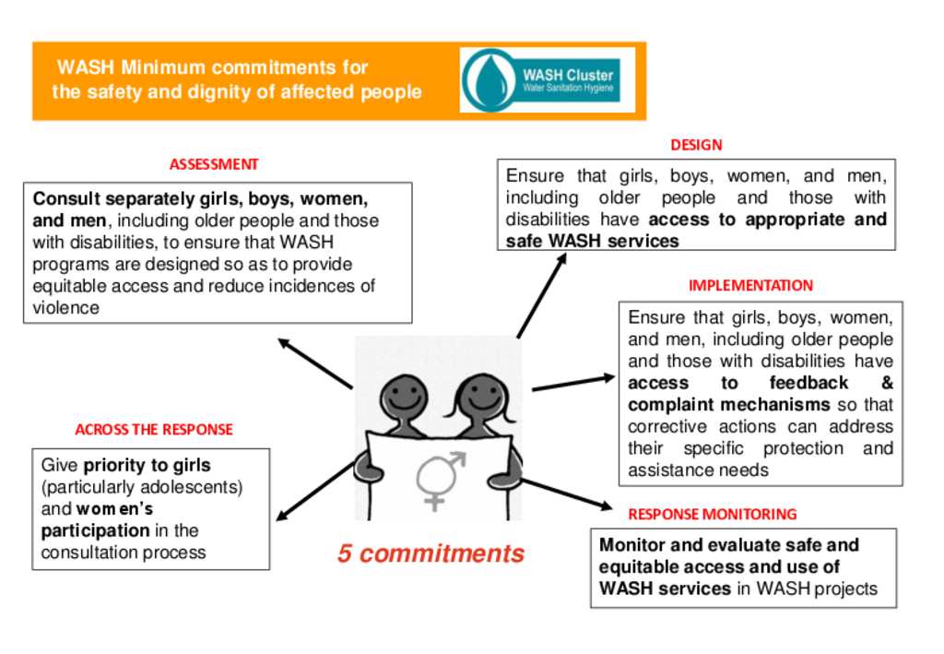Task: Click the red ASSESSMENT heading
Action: [x=214, y=164]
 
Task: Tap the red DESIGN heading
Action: [x=696, y=145]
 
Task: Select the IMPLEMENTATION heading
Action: [x=750, y=285]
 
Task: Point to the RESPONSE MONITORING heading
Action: [x=712, y=514]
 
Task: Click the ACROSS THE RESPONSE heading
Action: [x=154, y=429]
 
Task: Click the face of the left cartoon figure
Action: [x=403, y=398]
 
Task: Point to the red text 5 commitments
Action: [x=431, y=553]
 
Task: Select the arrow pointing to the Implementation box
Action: [x=572, y=382]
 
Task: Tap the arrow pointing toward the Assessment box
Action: [x=313, y=363]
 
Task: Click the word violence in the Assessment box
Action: [x=65, y=308]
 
